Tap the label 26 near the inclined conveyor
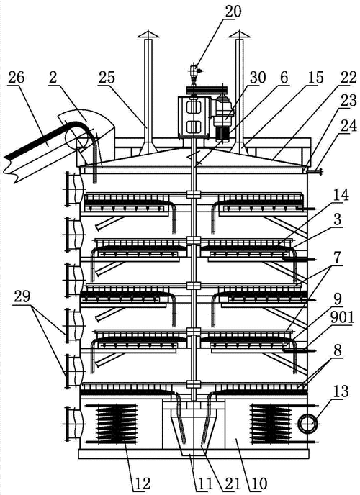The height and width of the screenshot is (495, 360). pyautogui.click(x=16, y=77)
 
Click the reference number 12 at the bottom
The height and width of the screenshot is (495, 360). pyautogui.click(x=141, y=483)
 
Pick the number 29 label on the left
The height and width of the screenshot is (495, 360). pyautogui.click(x=22, y=296)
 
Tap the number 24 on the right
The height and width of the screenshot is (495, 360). pyautogui.click(x=348, y=126)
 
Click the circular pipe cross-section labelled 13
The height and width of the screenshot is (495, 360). pyautogui.click(x=306, y=424)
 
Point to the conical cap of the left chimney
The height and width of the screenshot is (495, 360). pyautogui.click(x=148, y=35)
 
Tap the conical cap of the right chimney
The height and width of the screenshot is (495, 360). pyautogui.click(x=239, y=35)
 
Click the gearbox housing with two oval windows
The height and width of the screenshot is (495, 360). pyautogui.click(x=194, y=117)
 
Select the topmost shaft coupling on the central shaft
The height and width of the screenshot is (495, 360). pyautogui.click(x=193, y=194)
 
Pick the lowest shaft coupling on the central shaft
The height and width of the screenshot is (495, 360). pyautogui.click(x=193, y=384)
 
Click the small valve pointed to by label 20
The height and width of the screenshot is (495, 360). pyautogui.click(x=193, y=70)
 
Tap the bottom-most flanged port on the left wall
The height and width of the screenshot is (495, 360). pyautogui.click(x=73, y=424)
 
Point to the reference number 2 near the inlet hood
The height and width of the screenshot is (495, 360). pyautogui.click(x=53, y=77)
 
